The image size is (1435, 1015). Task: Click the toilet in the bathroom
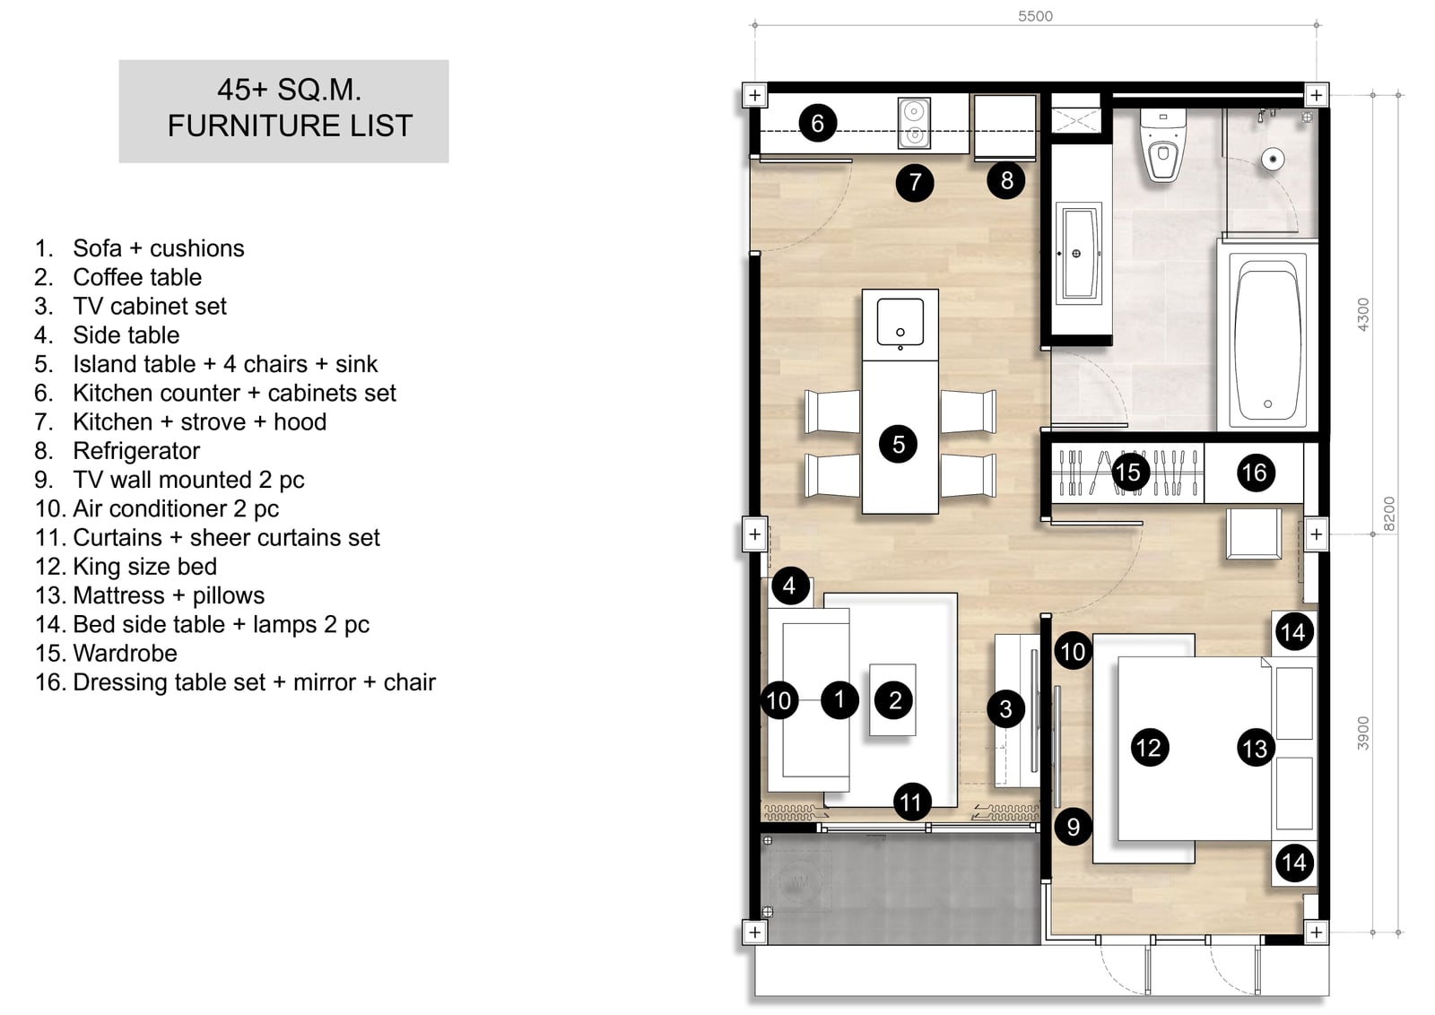(1162, 144)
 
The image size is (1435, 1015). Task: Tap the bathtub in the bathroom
(1268, 340)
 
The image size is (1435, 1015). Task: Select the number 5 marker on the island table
(898, 444)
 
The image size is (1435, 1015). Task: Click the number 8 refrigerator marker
(1005, 180)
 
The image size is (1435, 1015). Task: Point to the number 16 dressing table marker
(1255, 473)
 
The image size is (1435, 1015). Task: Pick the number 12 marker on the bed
(1149, 747)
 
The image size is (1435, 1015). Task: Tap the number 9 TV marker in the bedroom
(1073, 827)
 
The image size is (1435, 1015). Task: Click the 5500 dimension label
(1035, 16)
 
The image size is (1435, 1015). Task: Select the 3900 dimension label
(1362, 733)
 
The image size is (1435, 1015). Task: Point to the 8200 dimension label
(1388, 514)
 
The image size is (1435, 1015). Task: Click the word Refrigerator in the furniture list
(136, 451)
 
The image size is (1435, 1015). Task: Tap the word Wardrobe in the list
(125, 653)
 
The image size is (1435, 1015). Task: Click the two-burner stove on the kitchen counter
(914, 123)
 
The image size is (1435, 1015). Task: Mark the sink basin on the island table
(900, 322)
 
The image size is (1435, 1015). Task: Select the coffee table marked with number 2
(892, 700)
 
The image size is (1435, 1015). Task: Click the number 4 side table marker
(789, 586)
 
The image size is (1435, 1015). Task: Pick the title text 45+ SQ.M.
(289, 90)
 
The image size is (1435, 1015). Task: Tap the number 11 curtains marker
(910, 802)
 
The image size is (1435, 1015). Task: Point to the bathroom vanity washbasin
(1079, 254)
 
